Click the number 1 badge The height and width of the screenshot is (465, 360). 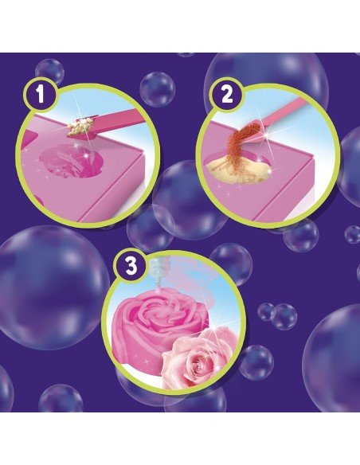(x=40, y=96)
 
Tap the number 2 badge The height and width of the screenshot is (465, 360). (x=226, y=96)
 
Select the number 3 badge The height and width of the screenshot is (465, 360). (x=131, y=265)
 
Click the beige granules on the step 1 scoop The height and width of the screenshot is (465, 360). (x=78, y=127)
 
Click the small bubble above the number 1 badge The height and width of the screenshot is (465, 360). (x=49, y=72)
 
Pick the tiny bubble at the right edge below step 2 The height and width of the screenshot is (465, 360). (x=353, y=235)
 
